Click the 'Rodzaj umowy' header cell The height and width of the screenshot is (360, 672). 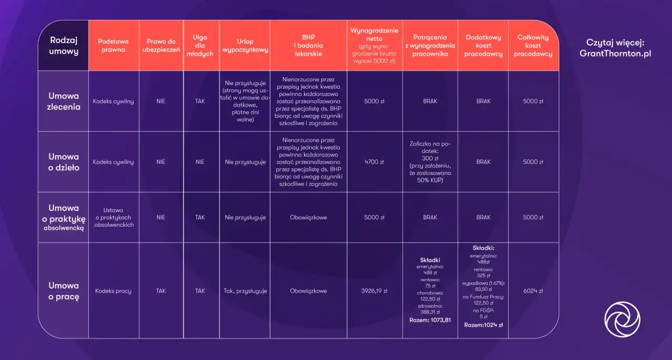[64, 46]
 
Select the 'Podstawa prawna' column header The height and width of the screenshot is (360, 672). [113, 46]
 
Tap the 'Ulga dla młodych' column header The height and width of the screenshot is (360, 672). [199, 46]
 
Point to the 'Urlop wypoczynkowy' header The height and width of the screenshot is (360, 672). [245, 46]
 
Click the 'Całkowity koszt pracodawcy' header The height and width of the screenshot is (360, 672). [533, 46]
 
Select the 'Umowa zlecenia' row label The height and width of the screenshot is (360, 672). [64, 101]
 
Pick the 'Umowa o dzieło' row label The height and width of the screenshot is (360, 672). [64, 162]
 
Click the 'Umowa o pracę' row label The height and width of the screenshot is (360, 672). [64, 291]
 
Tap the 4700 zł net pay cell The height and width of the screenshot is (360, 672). [374, 162]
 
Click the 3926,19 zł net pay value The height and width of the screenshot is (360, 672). [374, 291]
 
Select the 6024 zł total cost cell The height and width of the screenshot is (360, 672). [533, 291]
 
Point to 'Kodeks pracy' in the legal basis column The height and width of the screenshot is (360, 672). [113, 291]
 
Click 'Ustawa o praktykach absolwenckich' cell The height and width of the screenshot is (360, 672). [113, 217]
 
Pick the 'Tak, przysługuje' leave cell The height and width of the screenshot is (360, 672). [245, 291]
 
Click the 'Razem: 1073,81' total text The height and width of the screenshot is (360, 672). [430, 320]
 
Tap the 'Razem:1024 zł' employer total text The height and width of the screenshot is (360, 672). [483, 325]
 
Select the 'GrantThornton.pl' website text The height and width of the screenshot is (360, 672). [615, 54]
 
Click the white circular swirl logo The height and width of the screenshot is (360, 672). [622, 319]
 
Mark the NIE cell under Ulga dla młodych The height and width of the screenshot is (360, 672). [199, 162]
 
